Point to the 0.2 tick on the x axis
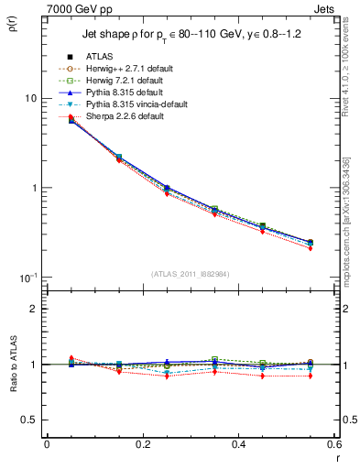click(x=142, y=444)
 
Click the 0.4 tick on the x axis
click(x=238, y=444)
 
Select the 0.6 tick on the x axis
click(x=333, y=444)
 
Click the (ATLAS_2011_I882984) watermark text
click(x=191, y=274)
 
